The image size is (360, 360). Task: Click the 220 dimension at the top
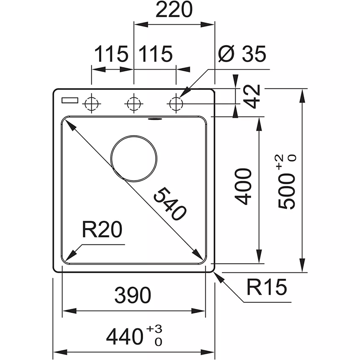(x=174, y=10)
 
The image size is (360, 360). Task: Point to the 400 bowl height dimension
(x=244, y=186)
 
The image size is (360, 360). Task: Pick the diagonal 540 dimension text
(x=170, y=204)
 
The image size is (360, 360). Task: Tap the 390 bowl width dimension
(x=133, y=296)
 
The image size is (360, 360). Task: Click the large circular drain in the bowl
(x=134, y=159)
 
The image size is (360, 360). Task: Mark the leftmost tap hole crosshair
(x=92, y=103)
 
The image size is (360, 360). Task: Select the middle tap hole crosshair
(x=134, y=103)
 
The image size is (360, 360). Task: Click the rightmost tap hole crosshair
(x=176, y=103)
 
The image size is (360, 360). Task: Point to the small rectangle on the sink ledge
(x=69, y=100)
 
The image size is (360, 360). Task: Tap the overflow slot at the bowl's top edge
(x=154, y=119)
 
